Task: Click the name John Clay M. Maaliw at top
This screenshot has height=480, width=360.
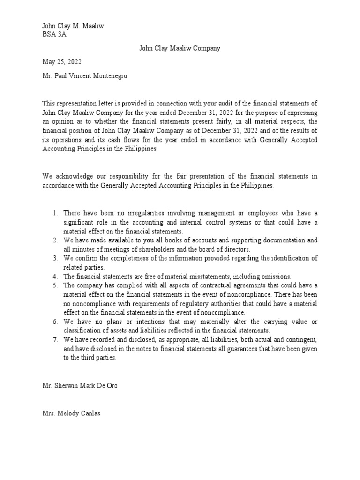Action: point(73,26)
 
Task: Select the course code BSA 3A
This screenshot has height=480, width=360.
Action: point(54,35)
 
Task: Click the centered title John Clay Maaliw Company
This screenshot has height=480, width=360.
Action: point(180,48)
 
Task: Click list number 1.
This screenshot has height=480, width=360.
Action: point(55,213)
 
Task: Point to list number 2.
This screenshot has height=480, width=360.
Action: point(55,240)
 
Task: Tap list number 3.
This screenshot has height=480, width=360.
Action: point(55,258)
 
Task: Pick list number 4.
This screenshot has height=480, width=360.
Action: point(55,277)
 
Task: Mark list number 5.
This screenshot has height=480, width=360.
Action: point(55,285)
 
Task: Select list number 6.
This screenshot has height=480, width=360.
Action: point(55,322)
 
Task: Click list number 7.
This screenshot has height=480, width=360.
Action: point(55,339)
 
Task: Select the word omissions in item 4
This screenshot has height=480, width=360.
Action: point(275,277)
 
